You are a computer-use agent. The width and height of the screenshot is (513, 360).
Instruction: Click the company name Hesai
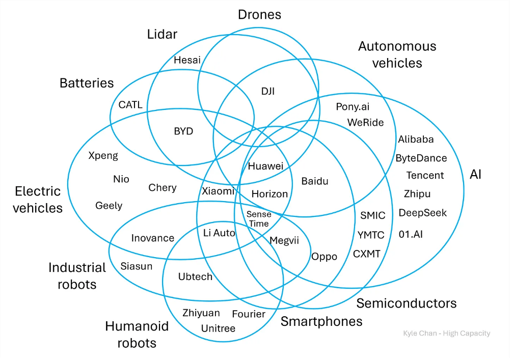[183, 60]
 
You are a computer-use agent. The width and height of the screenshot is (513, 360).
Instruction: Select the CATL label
[130, 105]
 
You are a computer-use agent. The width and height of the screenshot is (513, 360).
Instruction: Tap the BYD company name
[183, 131]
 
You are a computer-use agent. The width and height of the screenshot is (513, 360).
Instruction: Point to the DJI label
[267, 91]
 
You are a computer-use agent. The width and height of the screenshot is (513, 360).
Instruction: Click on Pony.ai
[353, 107]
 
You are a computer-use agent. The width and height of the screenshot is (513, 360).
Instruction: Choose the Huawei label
[265, 166]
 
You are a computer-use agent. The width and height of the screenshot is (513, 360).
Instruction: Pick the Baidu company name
[315, 181]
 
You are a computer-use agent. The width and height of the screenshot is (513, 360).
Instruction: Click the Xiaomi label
[218, 191]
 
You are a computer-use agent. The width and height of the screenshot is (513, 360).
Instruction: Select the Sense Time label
[258, 219]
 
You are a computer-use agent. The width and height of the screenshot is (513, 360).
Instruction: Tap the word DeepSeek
[422, 213]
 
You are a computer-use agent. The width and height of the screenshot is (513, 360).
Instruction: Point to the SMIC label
[372, 215]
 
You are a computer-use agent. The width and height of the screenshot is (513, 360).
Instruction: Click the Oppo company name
[324, 257]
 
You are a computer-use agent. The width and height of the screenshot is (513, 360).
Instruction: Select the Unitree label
[218, 328]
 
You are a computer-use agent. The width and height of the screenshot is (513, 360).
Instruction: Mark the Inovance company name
[153, 238]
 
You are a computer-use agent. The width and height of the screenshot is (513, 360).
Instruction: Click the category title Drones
[259, 14]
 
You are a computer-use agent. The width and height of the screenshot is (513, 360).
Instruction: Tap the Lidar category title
[162, 34]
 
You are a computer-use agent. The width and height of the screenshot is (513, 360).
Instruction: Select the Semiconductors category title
[406, 303]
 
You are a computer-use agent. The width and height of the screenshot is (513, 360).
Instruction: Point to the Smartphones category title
[321, 321]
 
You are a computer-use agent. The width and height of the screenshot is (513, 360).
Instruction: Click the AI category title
[475, 175]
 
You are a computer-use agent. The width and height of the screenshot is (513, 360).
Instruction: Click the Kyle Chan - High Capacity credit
[446, 334]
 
